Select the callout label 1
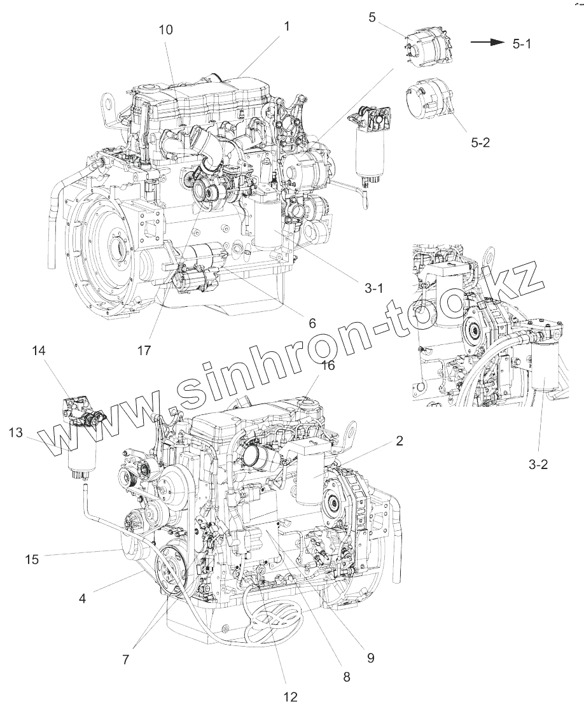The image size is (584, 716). click(x=287, y=27)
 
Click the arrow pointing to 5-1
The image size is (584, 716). click(x=487, y=42)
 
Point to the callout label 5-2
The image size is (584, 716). click(x=481, y=143)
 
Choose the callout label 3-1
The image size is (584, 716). click(x=374, y=288)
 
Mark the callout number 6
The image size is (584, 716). click(x=312, y=323)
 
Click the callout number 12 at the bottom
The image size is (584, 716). click(x=290, y=697)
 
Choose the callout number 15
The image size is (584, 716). click(x=32, y=559)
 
